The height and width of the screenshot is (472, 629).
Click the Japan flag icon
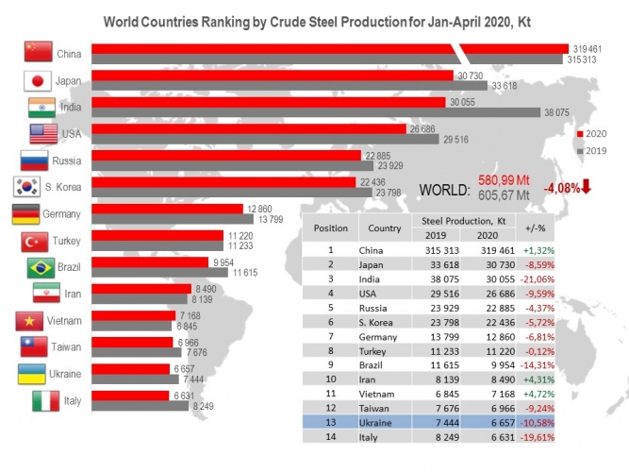click(36, 80)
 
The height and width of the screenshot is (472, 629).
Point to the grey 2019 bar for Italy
click(141, 406)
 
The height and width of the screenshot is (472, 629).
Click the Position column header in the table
click(331, 228)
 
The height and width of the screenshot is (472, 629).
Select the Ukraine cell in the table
click(378, 421)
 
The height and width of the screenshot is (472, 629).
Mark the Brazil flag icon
click(36, 268)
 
